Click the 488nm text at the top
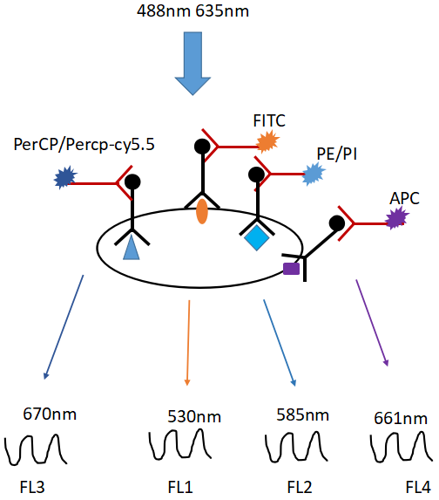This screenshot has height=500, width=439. pyautogui.click(x=163, y=11)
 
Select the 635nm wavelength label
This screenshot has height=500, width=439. pyautogui.click(x=222, y=11)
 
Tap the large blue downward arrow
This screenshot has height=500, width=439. pyautogui.click(x=192, y=63)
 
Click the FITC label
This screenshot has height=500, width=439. pyautogui.click(x=269, y=120)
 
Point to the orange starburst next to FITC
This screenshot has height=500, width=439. pyautogui.click(x=268, y=143)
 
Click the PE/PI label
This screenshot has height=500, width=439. pyautogui.click(x=337, y=154)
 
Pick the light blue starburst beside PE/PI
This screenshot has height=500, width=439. pyautogui.click(x=314, y=175)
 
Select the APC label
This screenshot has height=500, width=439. pyautogui.click(x=405, y=198)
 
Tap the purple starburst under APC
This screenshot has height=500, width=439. pyautogui.click(x=397, y=218)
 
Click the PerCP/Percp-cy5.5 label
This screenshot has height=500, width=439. pyautogui.click(x=84, y=145)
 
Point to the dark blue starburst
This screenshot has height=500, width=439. pyautogui.click(x=65, y=178)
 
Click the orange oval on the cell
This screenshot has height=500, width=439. pyautogui.click(x=202, y=211)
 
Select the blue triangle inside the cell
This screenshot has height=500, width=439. pyautogui.click(x=132, y=248)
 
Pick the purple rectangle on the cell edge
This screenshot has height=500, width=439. pyautogui.click(x=292, y=269)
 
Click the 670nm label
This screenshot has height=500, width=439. pyautogui.click(x=50, y=414)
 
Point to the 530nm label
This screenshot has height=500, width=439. pyautogui.click(x=194, y=416)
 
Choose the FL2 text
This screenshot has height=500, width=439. pyautogui.click(x=300, y=487)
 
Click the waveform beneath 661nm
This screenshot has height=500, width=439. pyautogui.click(x=402, y=447)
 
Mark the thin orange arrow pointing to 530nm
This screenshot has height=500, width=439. pyautogui.click(x=188, y=343)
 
